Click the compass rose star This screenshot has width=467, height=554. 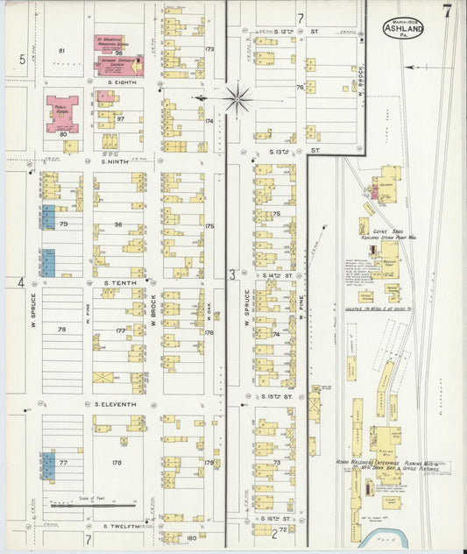[237, 99]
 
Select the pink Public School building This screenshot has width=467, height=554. [62, 114]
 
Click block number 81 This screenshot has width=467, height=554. [62, 51]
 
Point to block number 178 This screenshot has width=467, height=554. [117, 462]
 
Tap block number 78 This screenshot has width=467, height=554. [62, 329]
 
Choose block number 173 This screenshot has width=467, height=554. [209, 49]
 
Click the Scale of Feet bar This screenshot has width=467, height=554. [93, 505]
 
